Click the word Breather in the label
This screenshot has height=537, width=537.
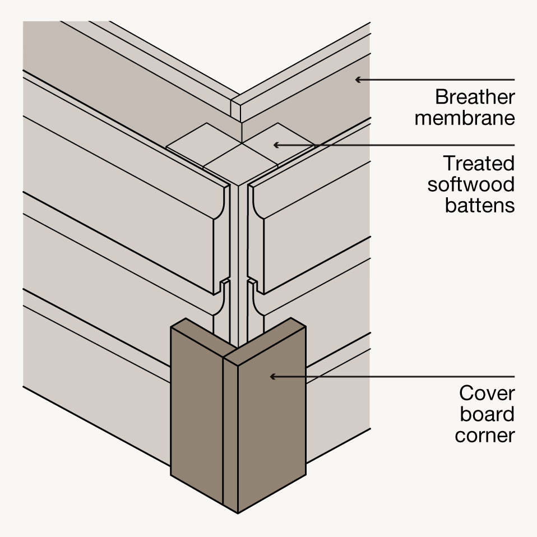click(474, 98)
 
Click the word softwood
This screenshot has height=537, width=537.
click(470, 184)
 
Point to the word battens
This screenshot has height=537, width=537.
click(479, 205)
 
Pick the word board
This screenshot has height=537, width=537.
click(487, 414)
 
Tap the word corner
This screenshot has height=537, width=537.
click(484, 434)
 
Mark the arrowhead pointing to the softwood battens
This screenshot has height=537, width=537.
click(275, 145)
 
